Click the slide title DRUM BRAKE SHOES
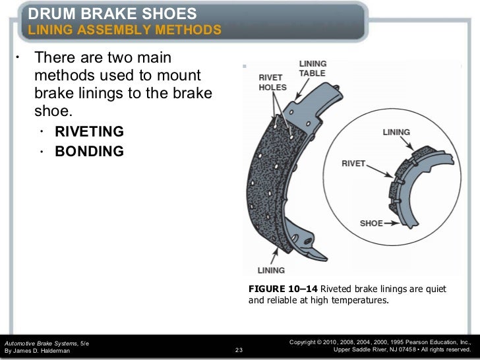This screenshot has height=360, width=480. click(x=112, y=13)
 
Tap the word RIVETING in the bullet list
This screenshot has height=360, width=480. click(x=88, y=131)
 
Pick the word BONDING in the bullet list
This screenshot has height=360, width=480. click(x=88, y=152)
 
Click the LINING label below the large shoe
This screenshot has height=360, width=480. click(x=271, y=270)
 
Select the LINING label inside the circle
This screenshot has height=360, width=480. click(x=396, y=132)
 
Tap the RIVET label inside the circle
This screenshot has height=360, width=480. click(x=353, y=163)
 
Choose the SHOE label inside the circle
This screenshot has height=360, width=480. click(x=371, y=224)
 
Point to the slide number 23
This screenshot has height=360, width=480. click(x=239, y=350)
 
